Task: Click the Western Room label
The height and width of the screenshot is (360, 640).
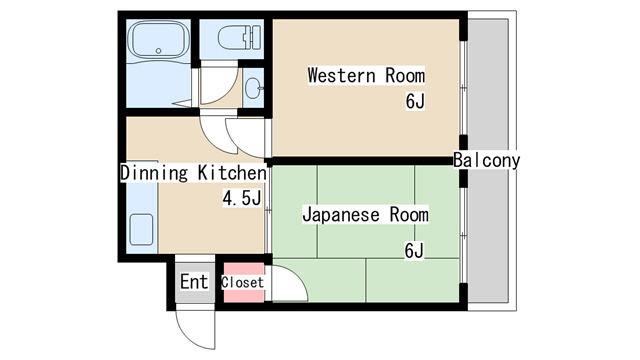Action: [x=366, y=76]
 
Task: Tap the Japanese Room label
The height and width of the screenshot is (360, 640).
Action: [x=365, y=214]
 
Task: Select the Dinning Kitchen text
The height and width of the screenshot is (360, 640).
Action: [x=193, y=173]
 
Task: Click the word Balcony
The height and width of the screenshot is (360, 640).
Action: [x=487, y=160]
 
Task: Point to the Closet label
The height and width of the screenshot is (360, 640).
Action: [x=242, y=282]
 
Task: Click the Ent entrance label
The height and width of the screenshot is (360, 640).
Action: [x=194, y=281]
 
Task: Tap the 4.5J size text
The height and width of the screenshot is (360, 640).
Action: [x=242, y=198]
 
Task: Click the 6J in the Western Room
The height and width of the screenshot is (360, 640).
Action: [x=415, y=101]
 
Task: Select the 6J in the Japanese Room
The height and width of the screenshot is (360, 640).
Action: [x=414, y=250]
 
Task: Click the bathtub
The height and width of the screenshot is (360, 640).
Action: [x=158, y=41]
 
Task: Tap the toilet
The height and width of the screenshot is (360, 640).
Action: [x=240, y=38]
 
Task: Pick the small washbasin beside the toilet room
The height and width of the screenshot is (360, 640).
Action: [x=254, y=88]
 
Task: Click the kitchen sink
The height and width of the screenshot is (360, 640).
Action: [x=142, y=230]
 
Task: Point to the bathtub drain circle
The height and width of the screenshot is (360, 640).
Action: [x=159, y=51]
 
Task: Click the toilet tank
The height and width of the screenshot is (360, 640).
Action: [x=256, y=38]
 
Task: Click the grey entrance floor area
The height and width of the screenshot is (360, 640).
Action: [x=195, y=282]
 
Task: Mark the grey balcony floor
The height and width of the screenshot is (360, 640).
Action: [x=488, y=161]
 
